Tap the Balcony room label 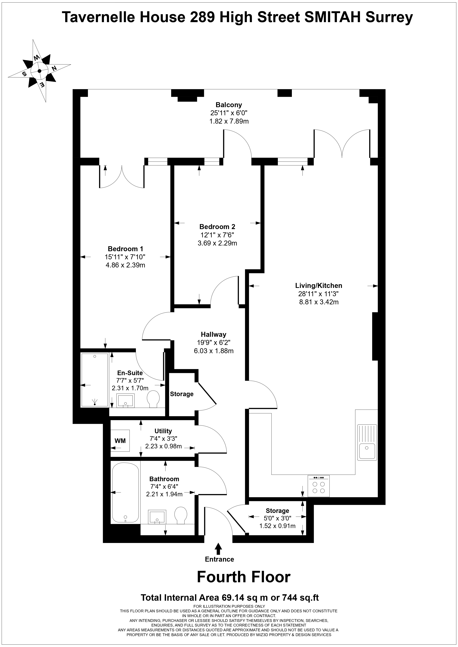(229, 105)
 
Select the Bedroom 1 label (126, 249)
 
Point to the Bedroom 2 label (217, 226)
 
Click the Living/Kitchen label (319, 286)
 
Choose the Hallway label (213, 335)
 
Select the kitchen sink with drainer (367, 442)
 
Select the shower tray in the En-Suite (95, 380)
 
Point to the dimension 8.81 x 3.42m (319, 302)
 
